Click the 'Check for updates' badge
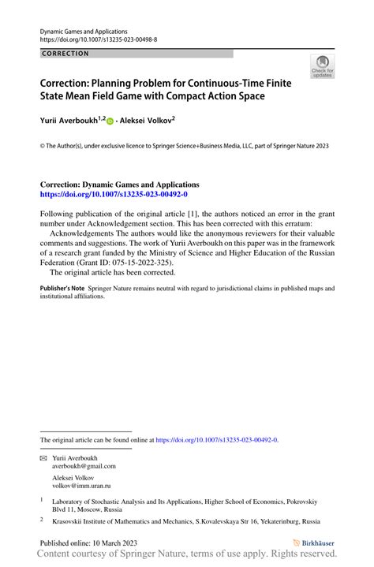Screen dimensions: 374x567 [x=322, y=67]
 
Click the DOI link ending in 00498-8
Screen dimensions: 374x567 [x=98, y=39]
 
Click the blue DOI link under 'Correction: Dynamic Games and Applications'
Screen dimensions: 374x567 [x=114, y=193]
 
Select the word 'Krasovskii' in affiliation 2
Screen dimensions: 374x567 [x=69, y=520]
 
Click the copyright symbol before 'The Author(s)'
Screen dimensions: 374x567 [x=43, y=145]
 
